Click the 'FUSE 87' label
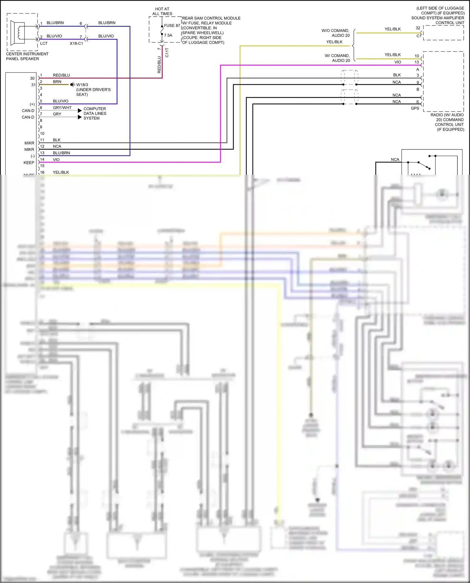[x=172, y=26]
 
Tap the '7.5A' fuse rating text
[x=168, y=35]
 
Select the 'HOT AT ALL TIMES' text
[x=162, y=11]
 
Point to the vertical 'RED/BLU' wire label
[x=159, y=65]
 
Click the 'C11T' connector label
[x=167, y=52]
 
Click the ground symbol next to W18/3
[x=72, y=85]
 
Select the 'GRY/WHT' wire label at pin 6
[x=62, y=107]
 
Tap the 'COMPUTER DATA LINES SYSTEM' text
[x=95, y=113]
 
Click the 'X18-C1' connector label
[x=76, y=44]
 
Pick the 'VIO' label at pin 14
[x=56, y=159]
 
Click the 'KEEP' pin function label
[x=29, y=163]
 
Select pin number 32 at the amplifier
[x=418, y=28]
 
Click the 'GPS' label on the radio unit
[x=415, y=108]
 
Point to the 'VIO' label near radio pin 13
[x=398, y=62]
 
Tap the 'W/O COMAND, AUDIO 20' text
[x=336, y=33]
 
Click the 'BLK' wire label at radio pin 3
[x=397, y=75]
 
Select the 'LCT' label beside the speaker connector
[x=44, y=44]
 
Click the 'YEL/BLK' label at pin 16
[x=61, y=172]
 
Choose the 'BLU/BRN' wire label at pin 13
[x=61, y=153]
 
